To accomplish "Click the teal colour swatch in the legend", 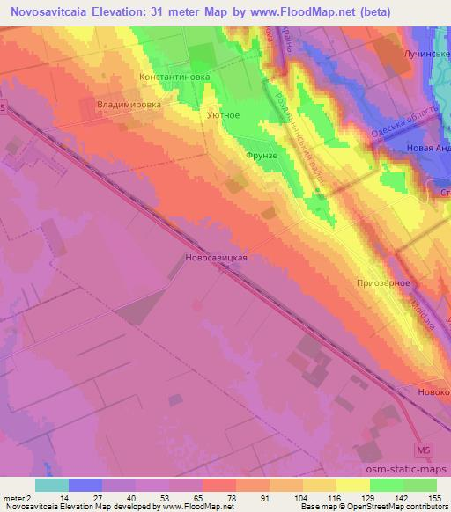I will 51,484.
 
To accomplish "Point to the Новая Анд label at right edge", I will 427,148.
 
